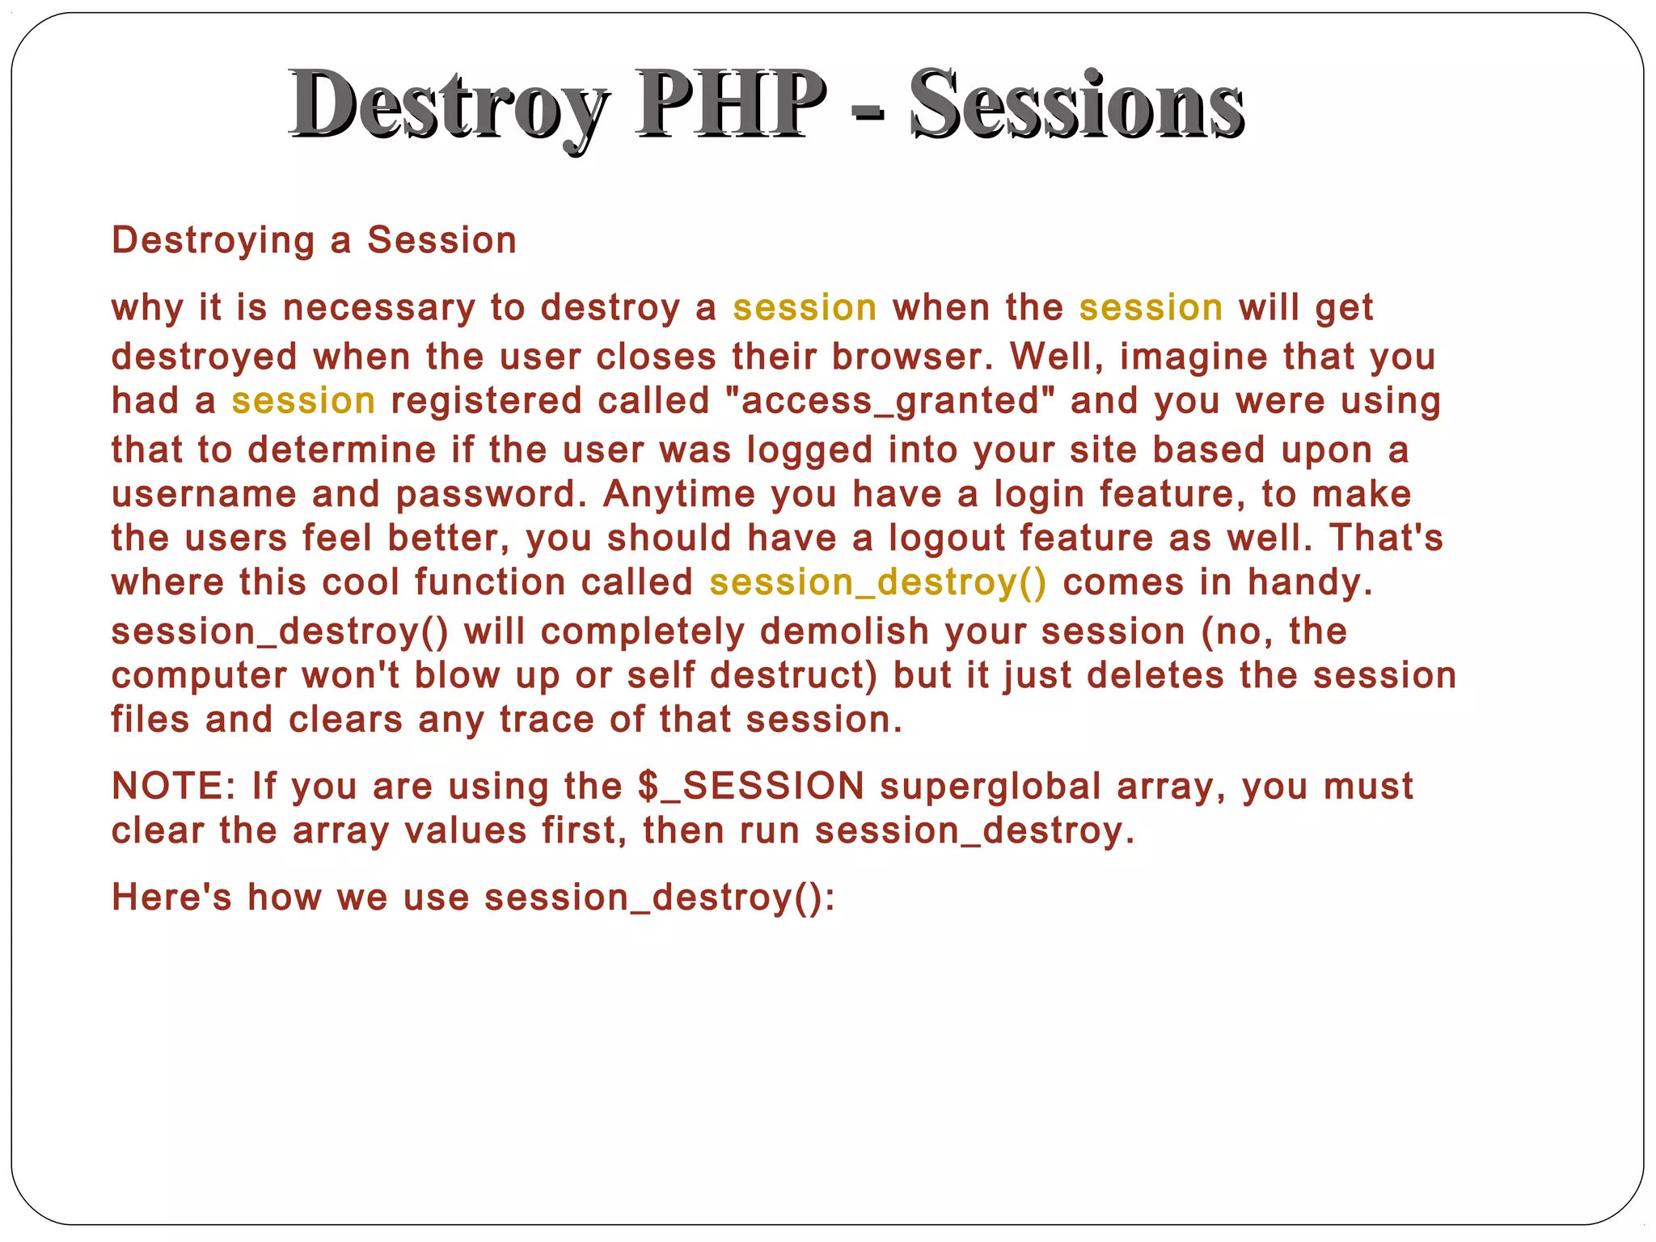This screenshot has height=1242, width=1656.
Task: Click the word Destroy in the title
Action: click(449, 105)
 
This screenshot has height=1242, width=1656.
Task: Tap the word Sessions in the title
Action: click(1076, 105)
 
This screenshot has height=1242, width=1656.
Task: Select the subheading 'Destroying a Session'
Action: click(314, 240)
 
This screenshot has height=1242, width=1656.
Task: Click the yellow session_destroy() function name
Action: click(877, 582)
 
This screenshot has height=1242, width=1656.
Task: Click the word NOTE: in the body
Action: click(173, 786)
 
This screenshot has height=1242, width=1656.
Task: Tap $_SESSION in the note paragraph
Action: click(751, 786)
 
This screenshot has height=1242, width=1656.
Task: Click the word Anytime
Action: click(679, 494)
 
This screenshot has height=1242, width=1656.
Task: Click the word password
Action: click(490, 495)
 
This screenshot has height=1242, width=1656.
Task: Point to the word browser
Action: click(912, 357)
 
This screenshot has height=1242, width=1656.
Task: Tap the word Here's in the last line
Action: click(171, 897)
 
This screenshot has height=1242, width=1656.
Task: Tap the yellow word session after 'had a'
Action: click(303, 401)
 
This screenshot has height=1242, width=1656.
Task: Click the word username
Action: click(204, 494)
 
